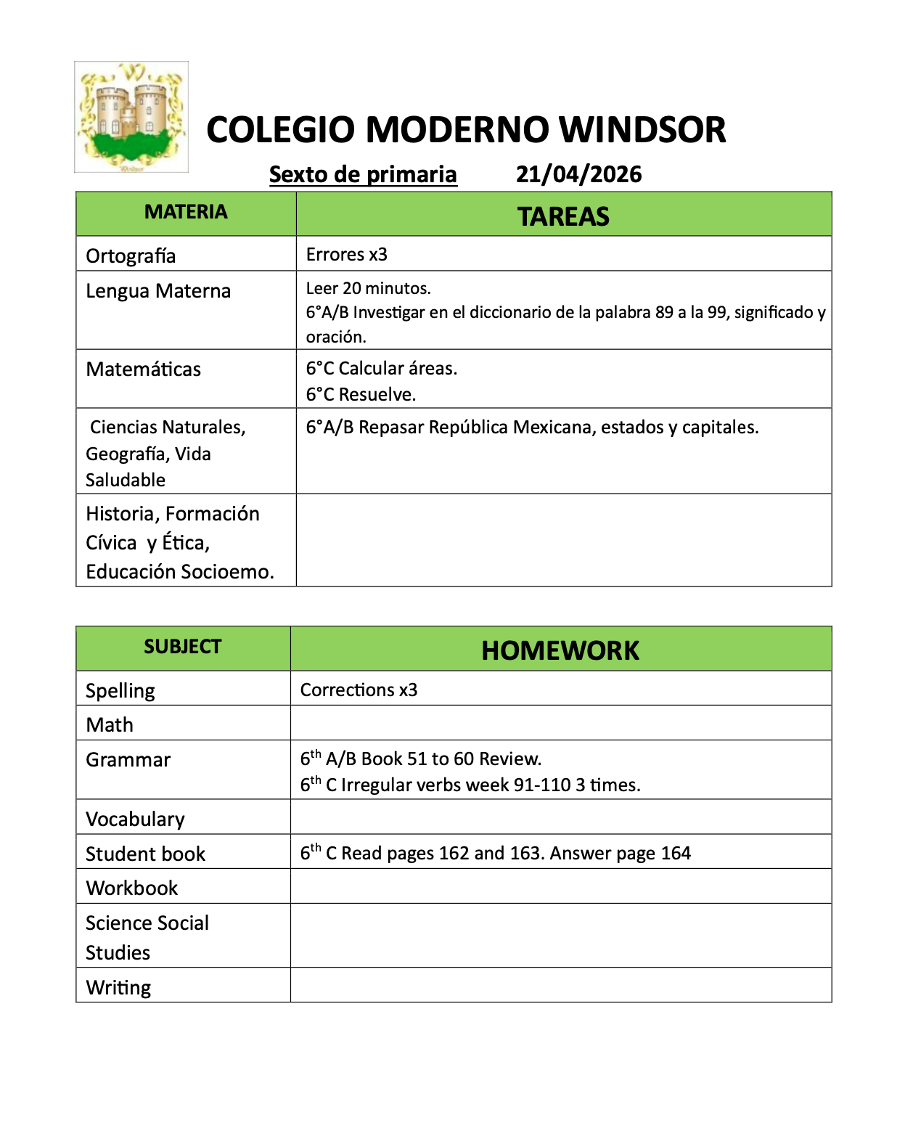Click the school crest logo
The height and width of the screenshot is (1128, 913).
[x=131, y=117]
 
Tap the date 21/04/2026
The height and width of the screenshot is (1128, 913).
[x=578, y=174]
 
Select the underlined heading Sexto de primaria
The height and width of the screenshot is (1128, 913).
[x=363, y=174]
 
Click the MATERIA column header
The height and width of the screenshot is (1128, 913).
[x=186, y=212]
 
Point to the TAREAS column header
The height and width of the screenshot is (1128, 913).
[x=563, y=216]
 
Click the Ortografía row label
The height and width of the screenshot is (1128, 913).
[x=131, y=256]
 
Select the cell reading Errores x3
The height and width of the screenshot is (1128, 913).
[x=347, y=255]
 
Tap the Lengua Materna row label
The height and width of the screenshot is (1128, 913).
[x=158, y=291]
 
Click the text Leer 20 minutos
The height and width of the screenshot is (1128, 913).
[x=368, y=288]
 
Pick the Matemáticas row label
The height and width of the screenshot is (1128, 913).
[x=144, y=369]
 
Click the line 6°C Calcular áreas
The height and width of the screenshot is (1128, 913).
[x=382, y=369]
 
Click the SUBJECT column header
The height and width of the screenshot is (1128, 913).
[x=182, y=647]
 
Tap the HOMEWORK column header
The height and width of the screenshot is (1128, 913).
[x=560, y=650]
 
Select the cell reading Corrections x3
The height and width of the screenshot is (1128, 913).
[x=359, y=690]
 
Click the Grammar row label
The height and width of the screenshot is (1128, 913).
[x=128, y=760]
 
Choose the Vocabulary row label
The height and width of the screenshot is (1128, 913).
[x=135, y=820]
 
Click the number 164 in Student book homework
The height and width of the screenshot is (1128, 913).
[x=675, y=853]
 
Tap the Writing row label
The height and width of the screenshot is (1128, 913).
[x=118, y=988]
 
